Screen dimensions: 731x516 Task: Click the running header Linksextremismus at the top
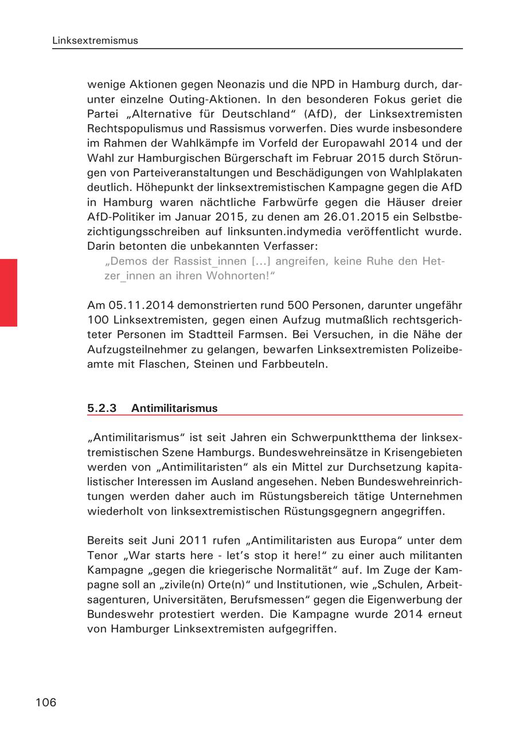click(95, 41)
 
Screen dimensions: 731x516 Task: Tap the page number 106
click(46, 702)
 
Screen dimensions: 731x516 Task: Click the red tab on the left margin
click(9, 292)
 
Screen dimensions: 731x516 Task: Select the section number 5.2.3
click(101, 408)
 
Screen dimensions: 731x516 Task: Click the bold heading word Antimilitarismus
click(174, 408)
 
